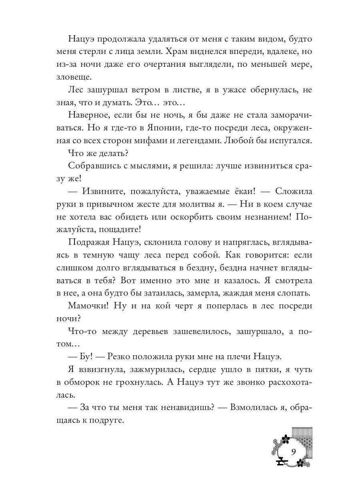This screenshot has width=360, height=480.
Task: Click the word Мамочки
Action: click(88, 306)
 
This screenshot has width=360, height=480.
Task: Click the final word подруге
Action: click(108, 420)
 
